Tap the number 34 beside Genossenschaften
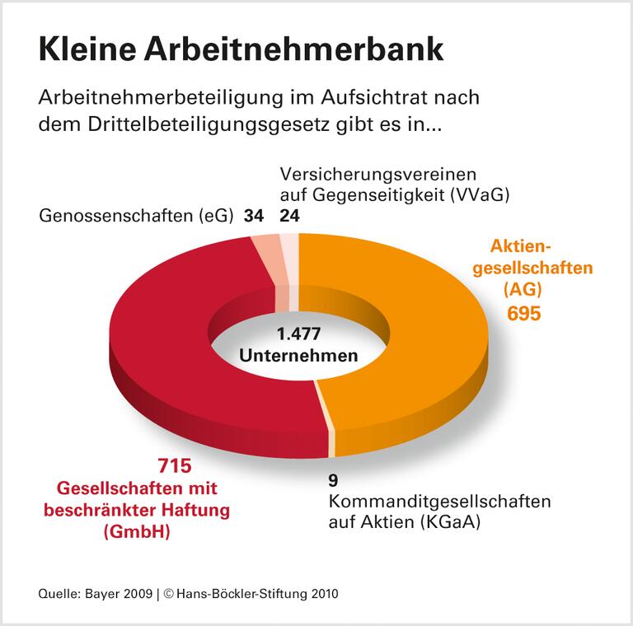coord(253,217)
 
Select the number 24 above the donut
coord(290,217)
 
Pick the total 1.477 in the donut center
coord(298,334)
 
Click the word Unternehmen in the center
coord(298,356)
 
